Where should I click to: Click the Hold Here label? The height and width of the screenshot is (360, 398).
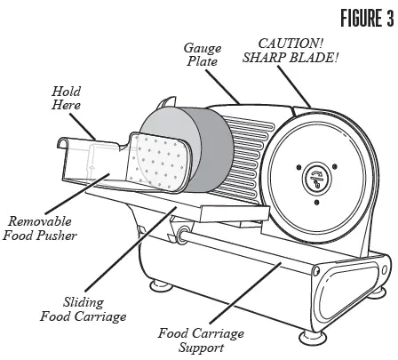click(68, 97)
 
